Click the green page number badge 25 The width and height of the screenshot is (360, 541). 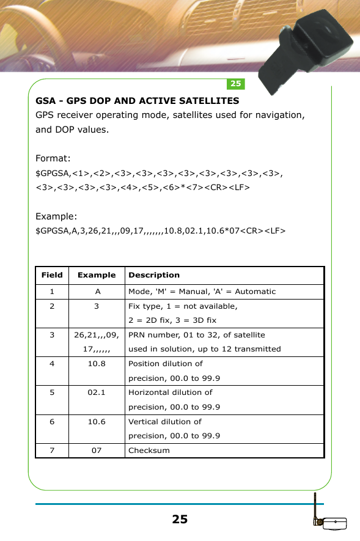pos(236,84)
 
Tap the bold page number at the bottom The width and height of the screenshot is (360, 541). pos(180,520)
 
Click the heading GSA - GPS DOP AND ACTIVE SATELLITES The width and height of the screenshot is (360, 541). pos(138,100)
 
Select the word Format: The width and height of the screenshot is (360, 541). pos(53,159)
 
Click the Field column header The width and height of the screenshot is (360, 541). pos(52,275)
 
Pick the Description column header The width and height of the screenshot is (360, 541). pos(154,275)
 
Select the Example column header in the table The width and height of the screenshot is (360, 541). pos(97,275)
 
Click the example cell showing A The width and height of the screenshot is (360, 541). pos(97,292)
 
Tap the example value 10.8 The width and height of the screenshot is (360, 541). pos(97,364)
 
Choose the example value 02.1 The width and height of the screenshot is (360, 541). pos(97,392)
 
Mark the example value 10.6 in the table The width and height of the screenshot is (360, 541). pos(97,421)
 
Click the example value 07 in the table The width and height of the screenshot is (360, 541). pos(97,451)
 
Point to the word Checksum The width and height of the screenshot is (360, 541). pos(149,451)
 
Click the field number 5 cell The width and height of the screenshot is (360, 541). pos(52,392)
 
